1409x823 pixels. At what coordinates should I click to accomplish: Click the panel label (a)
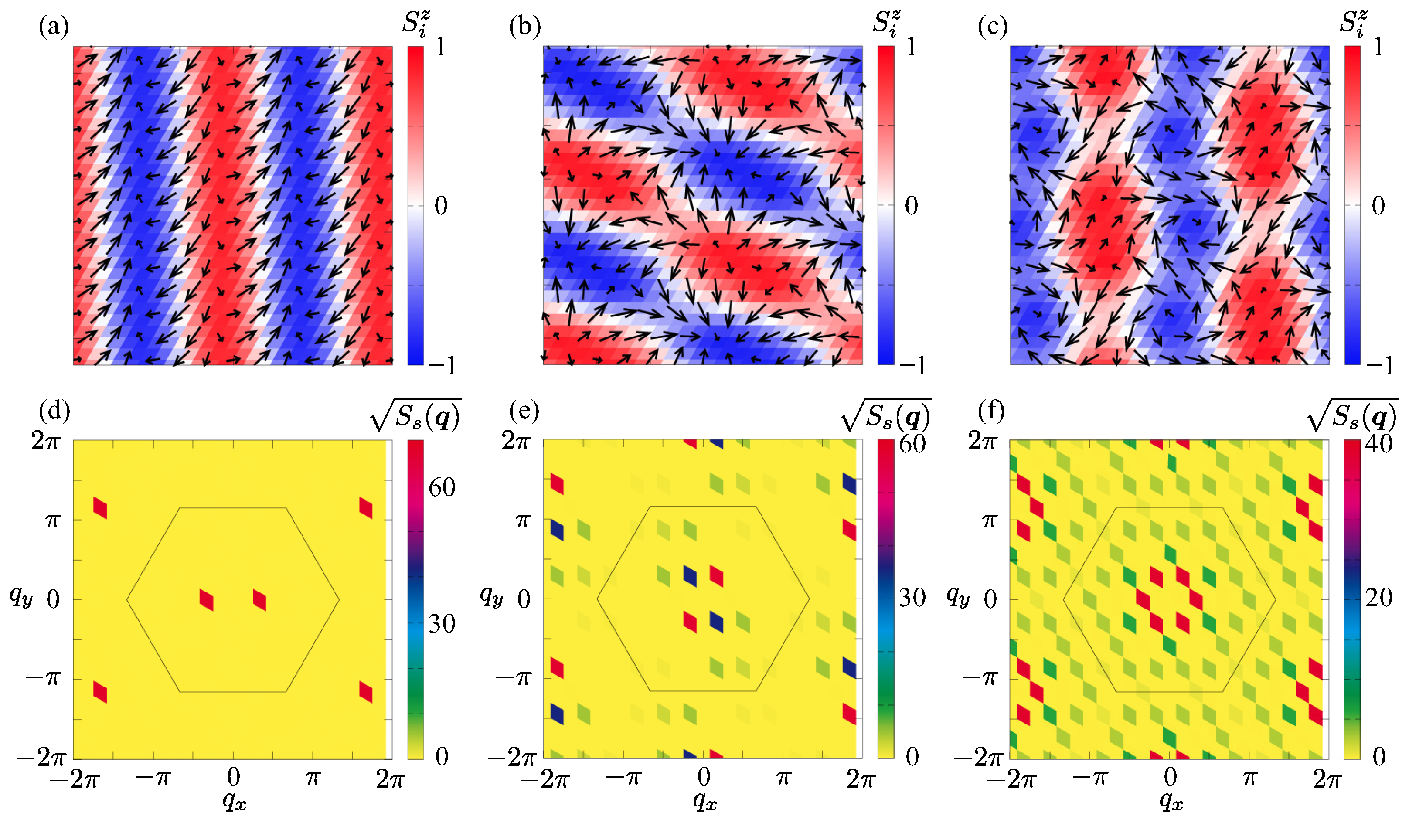coord(54,26)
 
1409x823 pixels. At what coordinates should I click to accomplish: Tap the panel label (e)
coord(524,411)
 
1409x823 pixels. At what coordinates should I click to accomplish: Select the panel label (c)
coord(993,26)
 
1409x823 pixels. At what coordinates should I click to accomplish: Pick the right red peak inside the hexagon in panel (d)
coord(259,600)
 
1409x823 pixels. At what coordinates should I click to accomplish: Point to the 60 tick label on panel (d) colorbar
coord(442,487)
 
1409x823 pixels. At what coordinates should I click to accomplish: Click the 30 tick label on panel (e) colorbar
coord(912,598)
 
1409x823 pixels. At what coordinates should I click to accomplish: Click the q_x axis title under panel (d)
coord(234,801)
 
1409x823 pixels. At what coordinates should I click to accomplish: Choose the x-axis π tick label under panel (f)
coord(1249,777)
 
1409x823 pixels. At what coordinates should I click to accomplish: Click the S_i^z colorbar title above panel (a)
coord(416,24)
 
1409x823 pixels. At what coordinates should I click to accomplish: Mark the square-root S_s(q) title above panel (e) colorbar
coord(886,416)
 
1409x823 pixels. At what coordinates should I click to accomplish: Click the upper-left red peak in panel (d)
coord(100,508)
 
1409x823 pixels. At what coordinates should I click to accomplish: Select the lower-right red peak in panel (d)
coord(366,692)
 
